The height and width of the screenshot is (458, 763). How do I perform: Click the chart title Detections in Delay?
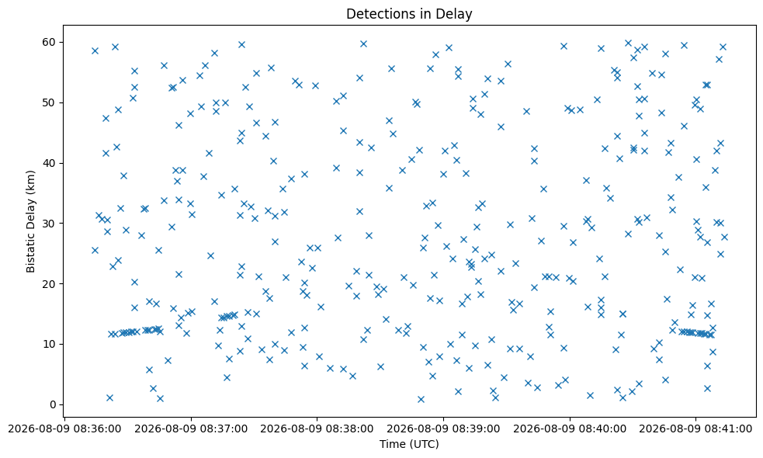coord(409,14)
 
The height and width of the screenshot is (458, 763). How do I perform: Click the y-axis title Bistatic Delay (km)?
coord(30,221)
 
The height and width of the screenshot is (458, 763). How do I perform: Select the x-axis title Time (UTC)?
coord(409,444)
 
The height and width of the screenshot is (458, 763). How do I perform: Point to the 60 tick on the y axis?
coord(49,43)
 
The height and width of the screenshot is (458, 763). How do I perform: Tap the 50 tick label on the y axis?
coord(49,102)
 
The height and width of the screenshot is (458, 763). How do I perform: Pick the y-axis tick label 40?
coord(49,163)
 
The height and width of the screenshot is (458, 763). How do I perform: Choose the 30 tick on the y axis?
coord(49,224)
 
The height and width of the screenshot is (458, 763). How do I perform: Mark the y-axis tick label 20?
coord(49,284)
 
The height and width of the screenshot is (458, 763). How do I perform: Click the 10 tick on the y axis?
coord(49,344)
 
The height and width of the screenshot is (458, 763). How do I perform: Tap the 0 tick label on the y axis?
coord(53,404)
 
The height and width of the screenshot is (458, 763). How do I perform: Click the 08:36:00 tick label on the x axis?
coord(64,429)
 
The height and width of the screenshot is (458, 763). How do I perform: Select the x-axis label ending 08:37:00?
coord(191,429)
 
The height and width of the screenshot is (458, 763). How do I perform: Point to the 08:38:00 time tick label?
coord(317,429)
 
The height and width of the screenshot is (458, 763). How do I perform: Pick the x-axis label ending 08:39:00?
coord(443,429)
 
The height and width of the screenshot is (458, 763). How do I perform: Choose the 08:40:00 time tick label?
coord(569,429)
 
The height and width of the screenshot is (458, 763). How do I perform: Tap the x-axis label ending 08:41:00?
coord(695,429)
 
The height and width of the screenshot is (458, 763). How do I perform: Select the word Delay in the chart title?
coord(455,14)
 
